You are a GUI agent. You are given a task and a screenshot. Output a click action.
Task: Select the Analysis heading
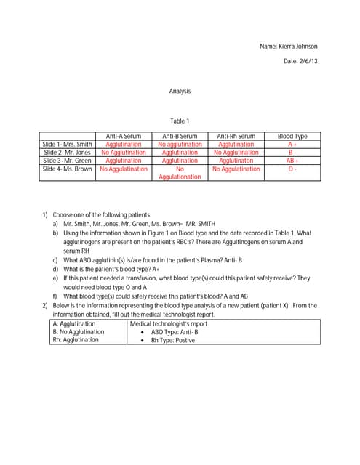click(180, 92)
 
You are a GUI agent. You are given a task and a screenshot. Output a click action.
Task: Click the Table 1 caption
click(180, 121)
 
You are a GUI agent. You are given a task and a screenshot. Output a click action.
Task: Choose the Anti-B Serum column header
click(180, 136)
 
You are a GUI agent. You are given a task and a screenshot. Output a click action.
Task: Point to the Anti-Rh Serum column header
click(236, 136)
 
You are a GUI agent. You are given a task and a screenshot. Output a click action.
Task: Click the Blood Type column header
click(292, 136)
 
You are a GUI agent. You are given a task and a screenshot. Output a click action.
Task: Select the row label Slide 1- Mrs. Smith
click(68, 145)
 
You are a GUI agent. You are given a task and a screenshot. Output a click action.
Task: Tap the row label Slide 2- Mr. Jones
click(68, 153)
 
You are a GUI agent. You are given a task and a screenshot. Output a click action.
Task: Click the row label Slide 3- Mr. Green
click(68, 161)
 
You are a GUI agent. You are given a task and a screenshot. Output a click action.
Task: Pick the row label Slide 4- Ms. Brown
click(68, 169)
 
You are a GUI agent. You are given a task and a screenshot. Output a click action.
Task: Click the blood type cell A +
click(292, 145)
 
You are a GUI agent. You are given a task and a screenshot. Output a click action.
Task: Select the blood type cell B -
click(292, 153)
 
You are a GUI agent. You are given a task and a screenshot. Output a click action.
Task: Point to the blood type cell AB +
click(292, 161)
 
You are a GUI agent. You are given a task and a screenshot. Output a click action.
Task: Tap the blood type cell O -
click(292, 169)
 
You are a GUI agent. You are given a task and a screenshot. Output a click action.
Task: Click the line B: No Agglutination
click(78, 331)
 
